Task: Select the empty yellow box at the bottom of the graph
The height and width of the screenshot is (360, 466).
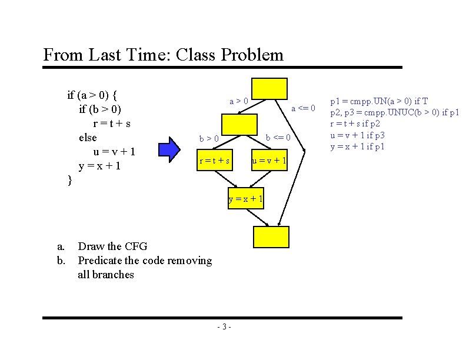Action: point(271,236)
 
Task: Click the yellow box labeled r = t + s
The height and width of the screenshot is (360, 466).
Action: point(214,161)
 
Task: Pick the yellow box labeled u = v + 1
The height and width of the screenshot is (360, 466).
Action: point(269,161)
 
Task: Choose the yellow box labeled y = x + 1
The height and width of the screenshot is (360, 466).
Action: point(245,198)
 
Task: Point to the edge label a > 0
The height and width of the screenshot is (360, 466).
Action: point(238,101)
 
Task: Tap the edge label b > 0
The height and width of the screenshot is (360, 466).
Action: point(209,138)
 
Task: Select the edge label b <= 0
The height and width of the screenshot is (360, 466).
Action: point(278,138)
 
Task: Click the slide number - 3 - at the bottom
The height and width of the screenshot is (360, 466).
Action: point(224,327)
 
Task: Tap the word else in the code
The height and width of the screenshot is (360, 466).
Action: point(88,137)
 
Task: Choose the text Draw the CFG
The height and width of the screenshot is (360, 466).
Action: point(112,246)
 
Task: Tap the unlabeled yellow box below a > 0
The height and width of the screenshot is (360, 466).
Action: point(240,124)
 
